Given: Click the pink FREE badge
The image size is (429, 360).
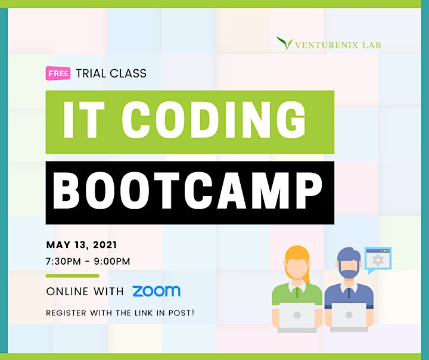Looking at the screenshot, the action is (58, 73).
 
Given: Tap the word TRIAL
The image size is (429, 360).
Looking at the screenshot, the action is (91, 73).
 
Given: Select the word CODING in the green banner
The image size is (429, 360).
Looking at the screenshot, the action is (214, 119).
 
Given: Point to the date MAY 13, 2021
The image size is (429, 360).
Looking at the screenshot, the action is (82, 245).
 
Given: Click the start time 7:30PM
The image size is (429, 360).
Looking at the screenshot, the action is (64, 262).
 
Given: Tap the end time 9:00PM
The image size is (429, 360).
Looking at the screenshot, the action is (112, 262).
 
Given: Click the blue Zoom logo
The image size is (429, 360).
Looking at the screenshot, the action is (156, 291).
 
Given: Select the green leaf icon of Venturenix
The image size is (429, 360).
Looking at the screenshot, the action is (285, 43).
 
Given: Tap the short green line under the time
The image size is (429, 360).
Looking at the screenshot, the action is (73, 276).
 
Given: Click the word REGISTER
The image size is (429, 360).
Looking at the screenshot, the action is (66, 313).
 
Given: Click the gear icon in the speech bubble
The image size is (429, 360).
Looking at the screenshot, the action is (378, 260).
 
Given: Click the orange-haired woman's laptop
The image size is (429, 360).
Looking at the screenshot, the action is (297, 317).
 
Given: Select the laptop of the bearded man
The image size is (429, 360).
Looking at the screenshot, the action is (349, 317).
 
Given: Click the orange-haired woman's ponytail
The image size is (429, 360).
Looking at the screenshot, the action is (307, 276).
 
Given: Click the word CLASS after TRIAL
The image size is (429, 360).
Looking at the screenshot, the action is (128, 73).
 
